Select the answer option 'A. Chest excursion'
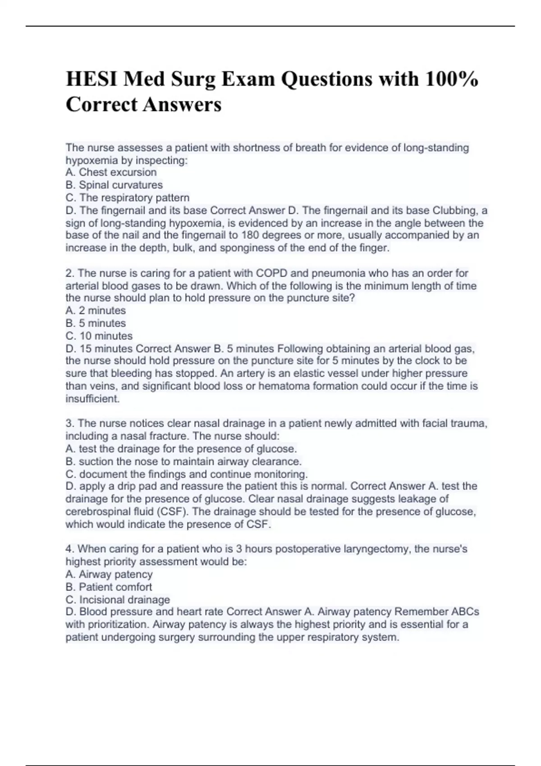coord(111,172)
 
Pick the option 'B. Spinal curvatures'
coord(114,185)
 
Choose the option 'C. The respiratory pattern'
coord(128,197)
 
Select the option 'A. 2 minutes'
coord(96,310)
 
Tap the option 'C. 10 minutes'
coord(99,336)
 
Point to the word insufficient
coord(92,398)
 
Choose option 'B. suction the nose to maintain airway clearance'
coord(183,461)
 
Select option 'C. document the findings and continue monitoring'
coord(187,474)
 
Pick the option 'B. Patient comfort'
coord(109,587)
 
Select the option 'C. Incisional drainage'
coord(118,599)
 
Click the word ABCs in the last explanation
coord(463,611)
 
